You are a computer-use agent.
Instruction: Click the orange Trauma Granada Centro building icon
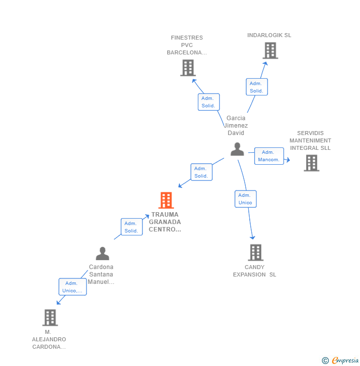coord(166,200)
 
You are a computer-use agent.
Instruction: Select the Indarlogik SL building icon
coord(270,50)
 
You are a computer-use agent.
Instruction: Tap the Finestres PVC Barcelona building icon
coord(188,68)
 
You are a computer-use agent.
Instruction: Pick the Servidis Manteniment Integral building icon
coord(311,163)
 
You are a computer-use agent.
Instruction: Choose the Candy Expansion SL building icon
coord(255,252)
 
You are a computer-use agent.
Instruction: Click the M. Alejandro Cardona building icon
coord(50,318)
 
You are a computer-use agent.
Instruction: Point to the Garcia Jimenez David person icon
coord(237,149)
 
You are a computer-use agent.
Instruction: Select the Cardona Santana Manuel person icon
coord(102,254)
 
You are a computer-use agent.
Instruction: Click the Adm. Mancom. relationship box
coord(269,156)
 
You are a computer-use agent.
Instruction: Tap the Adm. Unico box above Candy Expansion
coord(245,199)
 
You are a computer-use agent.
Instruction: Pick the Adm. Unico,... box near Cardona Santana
coord(73,287)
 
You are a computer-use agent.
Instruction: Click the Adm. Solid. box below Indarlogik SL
coord(256,87)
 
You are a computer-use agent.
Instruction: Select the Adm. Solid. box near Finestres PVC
coord(208,102)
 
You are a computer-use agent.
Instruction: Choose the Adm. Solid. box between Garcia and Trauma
coord(201,172)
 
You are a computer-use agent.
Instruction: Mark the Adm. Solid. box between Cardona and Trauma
coord(132,227)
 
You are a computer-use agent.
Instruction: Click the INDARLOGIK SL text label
coord(270,35)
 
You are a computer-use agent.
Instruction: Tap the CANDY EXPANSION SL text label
coord(255,271)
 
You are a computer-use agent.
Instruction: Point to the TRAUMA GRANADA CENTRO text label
coord(165,222)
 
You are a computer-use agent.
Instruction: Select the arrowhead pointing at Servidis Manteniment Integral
coord(288,159)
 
